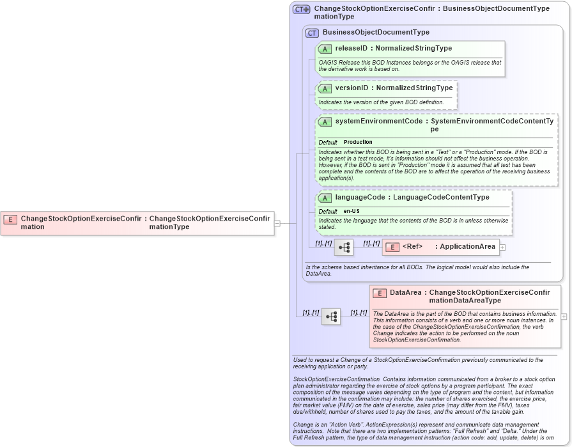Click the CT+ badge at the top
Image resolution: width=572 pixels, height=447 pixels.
(301, 10)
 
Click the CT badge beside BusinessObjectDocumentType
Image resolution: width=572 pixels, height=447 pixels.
(312, 33)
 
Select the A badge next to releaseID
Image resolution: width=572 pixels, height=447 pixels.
(325, 49)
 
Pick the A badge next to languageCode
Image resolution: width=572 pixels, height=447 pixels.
(325, 198)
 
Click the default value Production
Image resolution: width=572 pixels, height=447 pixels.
(358, 142)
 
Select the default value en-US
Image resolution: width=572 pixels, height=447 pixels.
(352, 211)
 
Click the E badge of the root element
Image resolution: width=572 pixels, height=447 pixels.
(10, 219)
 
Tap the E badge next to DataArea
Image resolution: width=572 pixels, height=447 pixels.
(380, 293)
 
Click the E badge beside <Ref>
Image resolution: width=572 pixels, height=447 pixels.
(392, 247)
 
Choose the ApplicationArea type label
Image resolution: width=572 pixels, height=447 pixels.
(467, 247)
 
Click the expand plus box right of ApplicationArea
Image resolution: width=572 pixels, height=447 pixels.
(503, 247)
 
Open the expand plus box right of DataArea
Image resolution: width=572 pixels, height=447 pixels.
(564, 317)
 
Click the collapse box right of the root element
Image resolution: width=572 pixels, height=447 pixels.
(277, 223)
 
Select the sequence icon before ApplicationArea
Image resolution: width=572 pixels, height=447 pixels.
(344, 247)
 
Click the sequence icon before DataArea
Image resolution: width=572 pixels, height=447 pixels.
(331, 317)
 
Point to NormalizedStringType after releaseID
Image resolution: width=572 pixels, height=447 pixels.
(414, 49)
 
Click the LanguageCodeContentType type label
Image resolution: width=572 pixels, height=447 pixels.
(441, 198)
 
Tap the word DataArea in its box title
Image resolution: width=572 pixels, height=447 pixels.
(405, 293)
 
